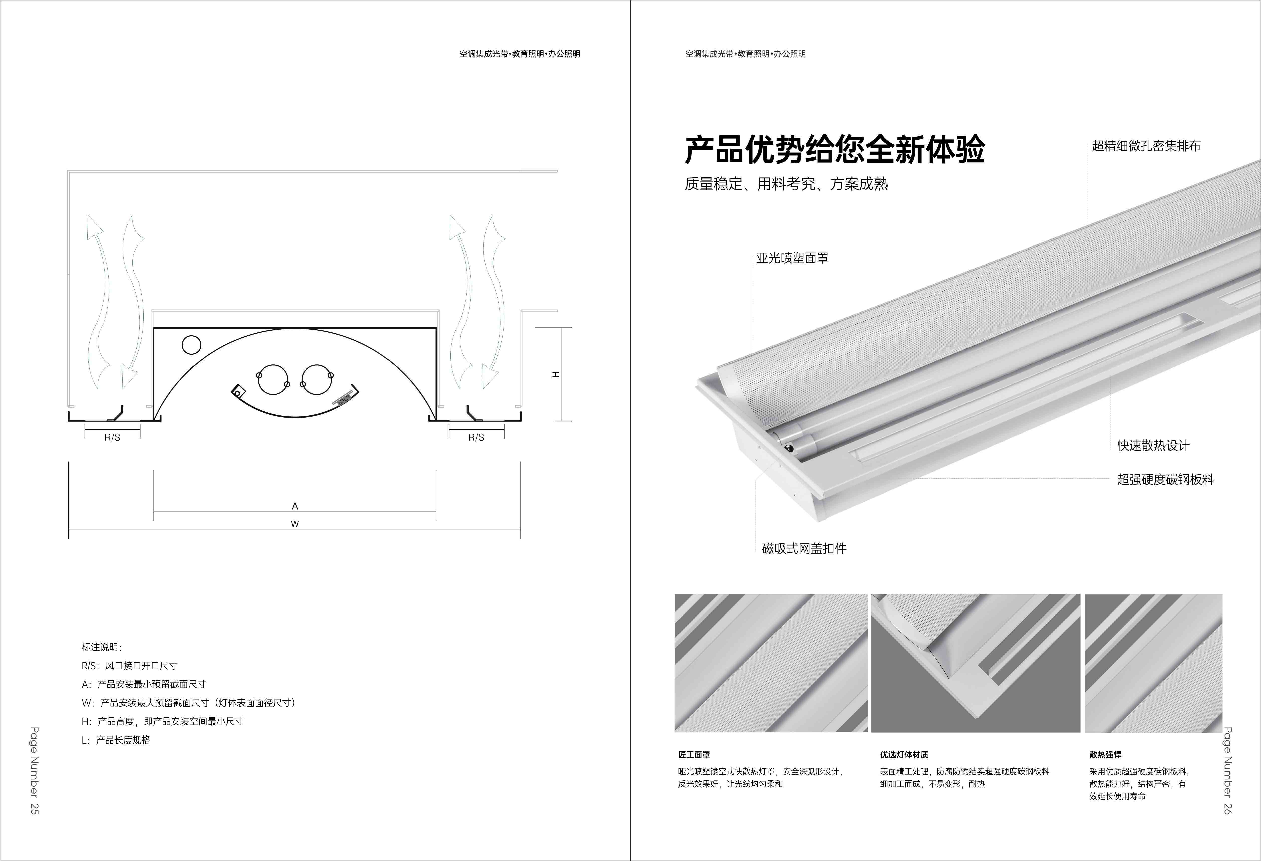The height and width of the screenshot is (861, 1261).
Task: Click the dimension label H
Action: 556,374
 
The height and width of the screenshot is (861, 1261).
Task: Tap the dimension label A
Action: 295,506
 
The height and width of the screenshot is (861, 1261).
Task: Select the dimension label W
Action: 295,524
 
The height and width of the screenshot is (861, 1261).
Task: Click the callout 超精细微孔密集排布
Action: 1146,146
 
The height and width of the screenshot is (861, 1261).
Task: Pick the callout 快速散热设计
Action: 1153,446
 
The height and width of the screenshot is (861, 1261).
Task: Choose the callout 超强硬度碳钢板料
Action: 1166,479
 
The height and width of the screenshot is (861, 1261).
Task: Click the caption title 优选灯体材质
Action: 904,754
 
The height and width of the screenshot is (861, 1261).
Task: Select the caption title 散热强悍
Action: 1105,754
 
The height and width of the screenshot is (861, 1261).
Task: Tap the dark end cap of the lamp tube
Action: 788,448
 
